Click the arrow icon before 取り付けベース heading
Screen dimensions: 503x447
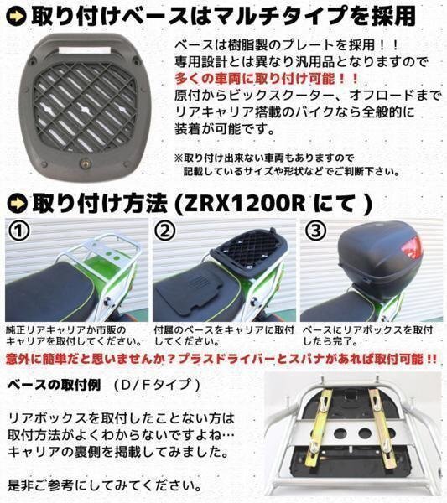coord(16,14)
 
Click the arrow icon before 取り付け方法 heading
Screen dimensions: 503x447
coord(16,203)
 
